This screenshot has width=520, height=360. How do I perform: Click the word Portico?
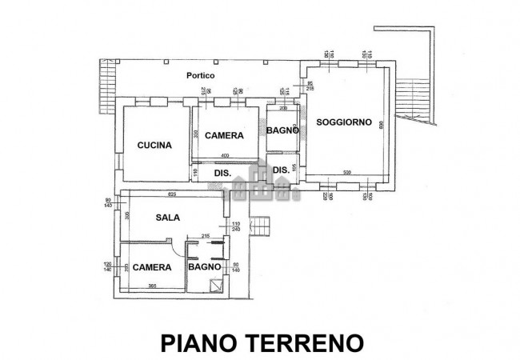200,75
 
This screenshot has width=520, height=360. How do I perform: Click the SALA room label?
167,217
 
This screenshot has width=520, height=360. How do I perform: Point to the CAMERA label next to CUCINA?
224,135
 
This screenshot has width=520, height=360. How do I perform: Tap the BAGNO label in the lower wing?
204,267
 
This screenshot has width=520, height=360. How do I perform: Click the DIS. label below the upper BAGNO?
281,170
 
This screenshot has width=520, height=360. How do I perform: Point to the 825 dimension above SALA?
172,194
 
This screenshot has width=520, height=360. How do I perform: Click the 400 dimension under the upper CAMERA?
225,155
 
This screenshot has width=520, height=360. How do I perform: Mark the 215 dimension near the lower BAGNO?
205,235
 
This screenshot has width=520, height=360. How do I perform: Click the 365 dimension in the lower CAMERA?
151,286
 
